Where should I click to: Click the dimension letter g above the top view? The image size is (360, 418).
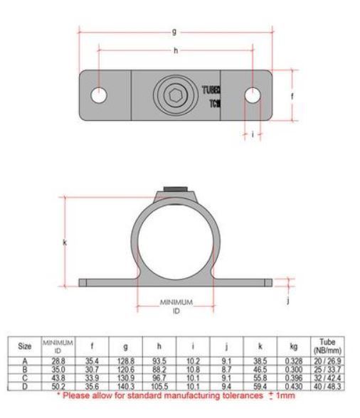(175, 31)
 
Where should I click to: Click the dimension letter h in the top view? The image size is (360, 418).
(175, 50)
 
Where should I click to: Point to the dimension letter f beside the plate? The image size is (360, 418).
(294, 95)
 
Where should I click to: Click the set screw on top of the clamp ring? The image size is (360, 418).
(175, 189)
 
